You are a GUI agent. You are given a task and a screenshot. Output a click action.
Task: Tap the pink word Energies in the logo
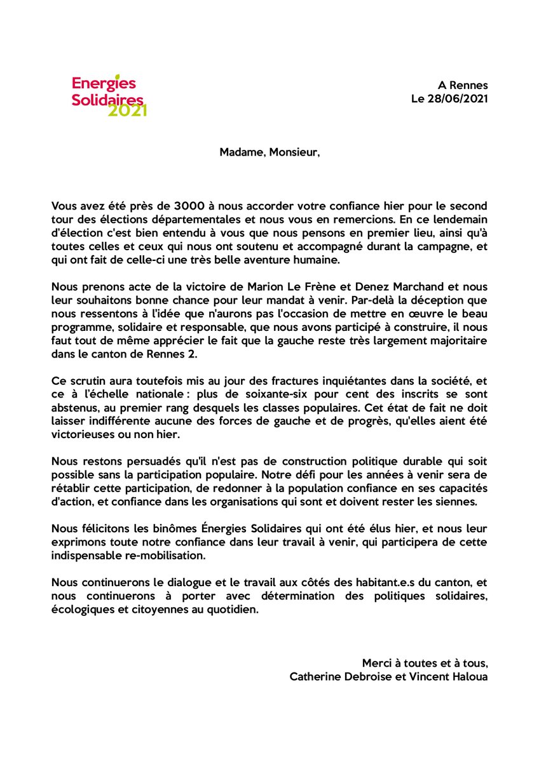95,84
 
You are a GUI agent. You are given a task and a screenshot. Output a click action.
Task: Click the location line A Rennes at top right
463,85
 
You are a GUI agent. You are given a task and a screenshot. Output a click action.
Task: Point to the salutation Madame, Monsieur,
270,152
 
